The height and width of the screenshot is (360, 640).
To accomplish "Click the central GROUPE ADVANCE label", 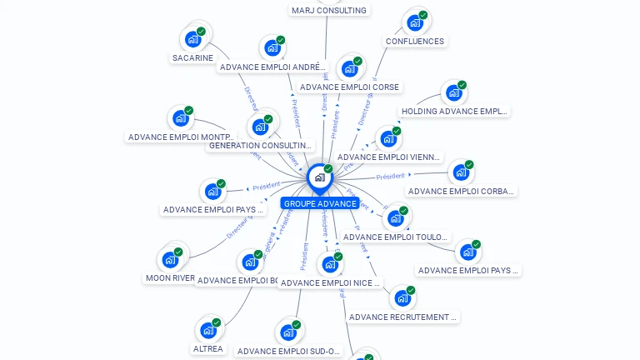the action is pyautogui.click(x=320, y=203).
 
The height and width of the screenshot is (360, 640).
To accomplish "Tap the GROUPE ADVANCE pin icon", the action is pyautogui.click(x=319, y=177).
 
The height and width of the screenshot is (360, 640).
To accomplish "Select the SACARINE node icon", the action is pyautogui.click(x=193, y=38).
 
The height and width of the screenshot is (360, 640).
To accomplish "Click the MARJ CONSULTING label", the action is pyautogui.click(x=328, y=10).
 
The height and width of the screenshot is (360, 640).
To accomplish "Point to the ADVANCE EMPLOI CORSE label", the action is pyautogui.click(x=350, y=87).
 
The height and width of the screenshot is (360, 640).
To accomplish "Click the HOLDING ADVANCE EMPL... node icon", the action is pyautogui.click(x=453, y=92).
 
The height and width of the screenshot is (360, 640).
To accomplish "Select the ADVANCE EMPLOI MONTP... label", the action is pyautogui.click(x=182, y=137).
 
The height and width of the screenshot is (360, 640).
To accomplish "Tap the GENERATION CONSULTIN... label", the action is pyautogui.click(x=260, y=145).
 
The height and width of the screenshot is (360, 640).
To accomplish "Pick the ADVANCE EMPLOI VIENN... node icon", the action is pyautogui.click(x=388, y=139).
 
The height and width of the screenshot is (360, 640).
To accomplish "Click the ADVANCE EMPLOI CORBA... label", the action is pyautogui.click(x=462, y=191).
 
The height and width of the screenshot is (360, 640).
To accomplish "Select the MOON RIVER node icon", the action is pyautogui.click(x=170, y=259).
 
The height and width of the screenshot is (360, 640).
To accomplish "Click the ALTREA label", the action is pyautogui.click(x=208, y=348).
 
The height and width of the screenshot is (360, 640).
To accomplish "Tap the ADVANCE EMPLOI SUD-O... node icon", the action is pyautogui.click(x=288, y=332).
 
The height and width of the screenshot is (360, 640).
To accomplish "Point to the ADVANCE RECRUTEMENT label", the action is pyautogui.click(x=403, y=317).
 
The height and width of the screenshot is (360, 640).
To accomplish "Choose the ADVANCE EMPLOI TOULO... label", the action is pyautogui.click(x=397, y=237).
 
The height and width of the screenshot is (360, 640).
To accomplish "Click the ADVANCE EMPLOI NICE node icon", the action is pyautogui.click(x=330, y=264).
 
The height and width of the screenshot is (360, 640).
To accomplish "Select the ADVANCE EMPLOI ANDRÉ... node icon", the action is pyautogui.click(x=272, y=48).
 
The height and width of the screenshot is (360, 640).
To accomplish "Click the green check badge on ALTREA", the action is pyautogui.click(x=217, y=322).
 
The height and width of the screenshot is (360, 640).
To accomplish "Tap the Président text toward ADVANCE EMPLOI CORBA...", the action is pyautogui.click(x=390, y=177).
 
